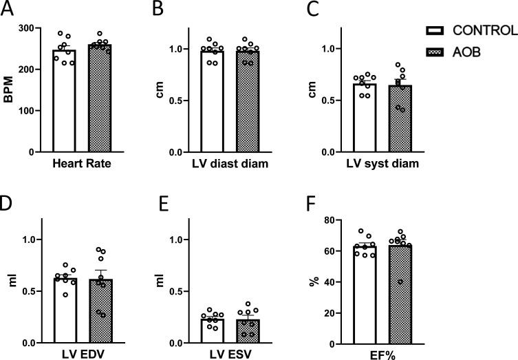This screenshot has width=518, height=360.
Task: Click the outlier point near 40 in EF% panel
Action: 400,282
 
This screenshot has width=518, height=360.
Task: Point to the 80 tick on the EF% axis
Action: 337,220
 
